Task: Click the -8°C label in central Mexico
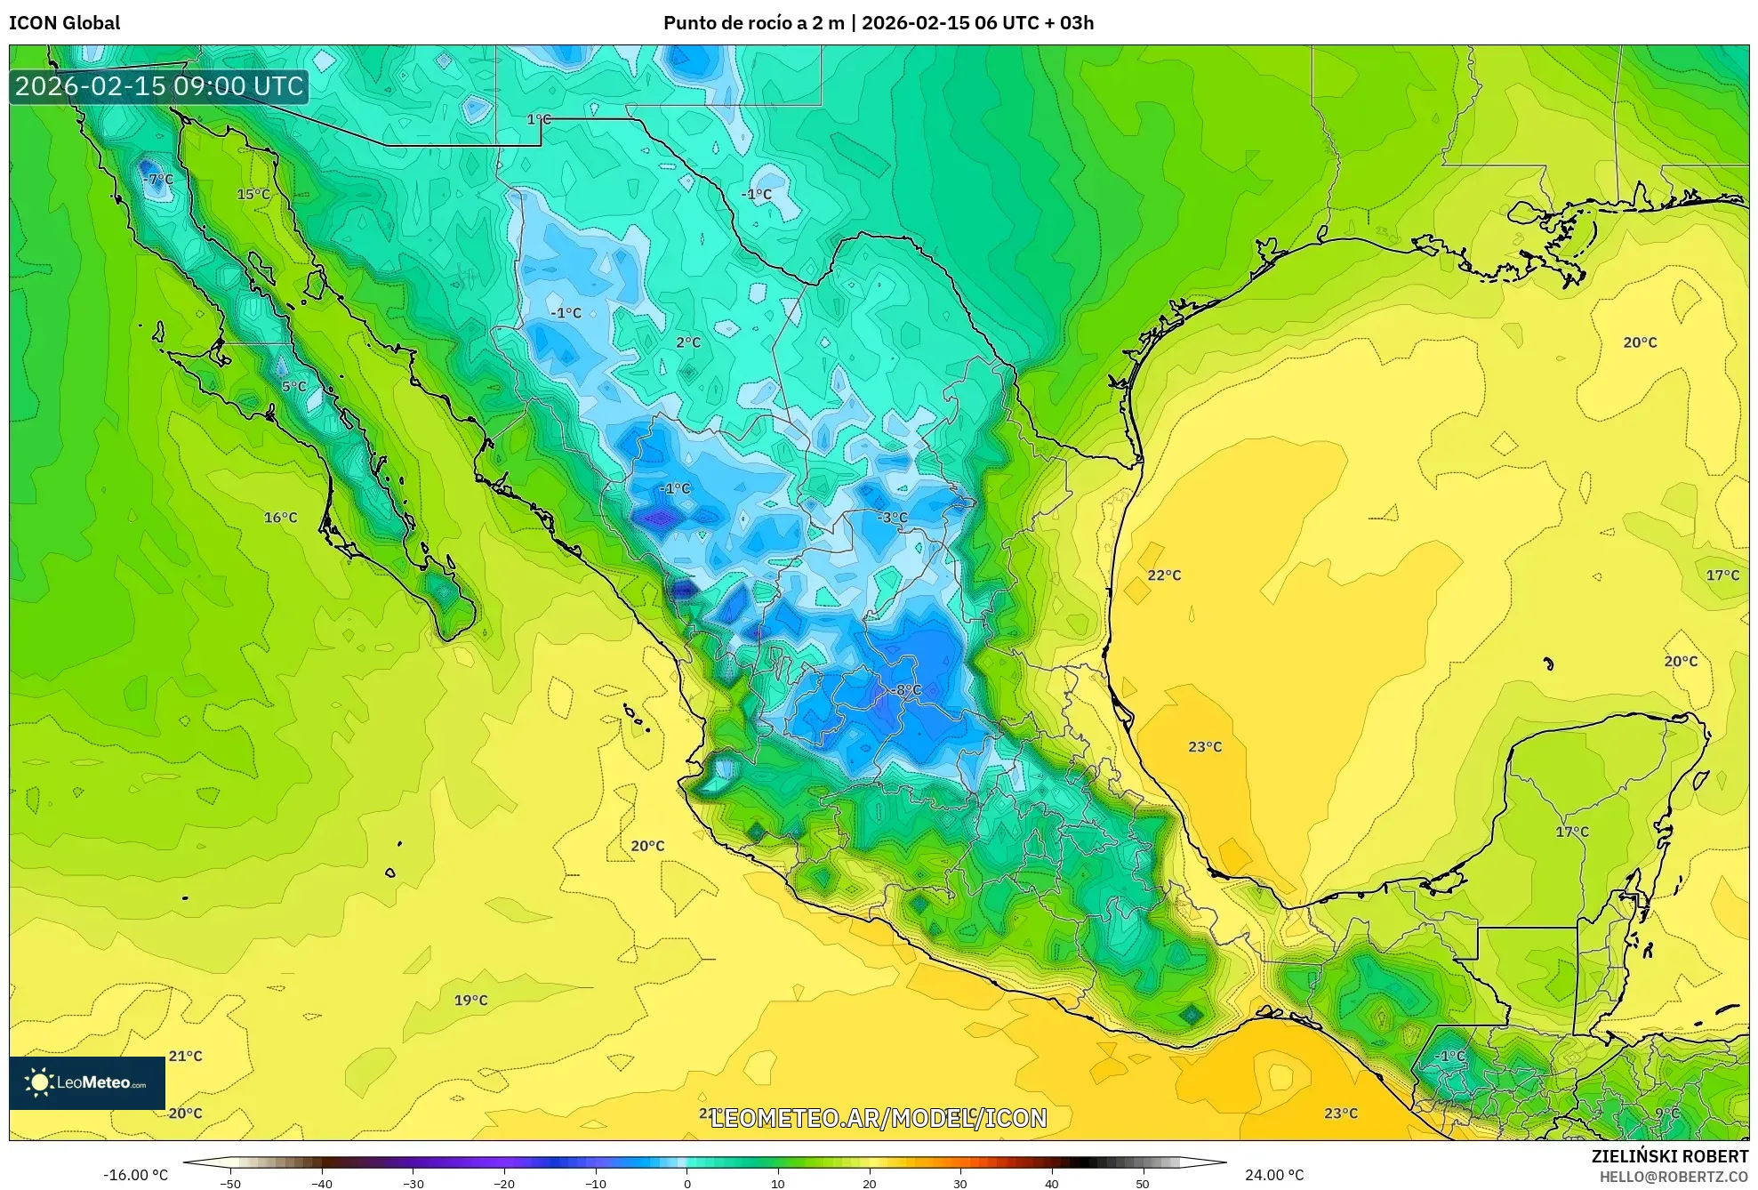(x=906, y=689)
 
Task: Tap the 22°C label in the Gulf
(x=1163, y=575)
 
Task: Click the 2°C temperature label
(x=687, y=342)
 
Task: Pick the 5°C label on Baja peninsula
(x=293, y=387)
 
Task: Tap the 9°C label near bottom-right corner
(x=1666, y=1114)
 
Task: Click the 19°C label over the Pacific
(x=470, y=1001)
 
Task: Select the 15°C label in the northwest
(x=253, y=194)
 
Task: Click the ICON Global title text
(x=64, y=23)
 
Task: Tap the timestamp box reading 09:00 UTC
(x=159, y=86)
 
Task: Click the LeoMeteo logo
(x=87, y=1082)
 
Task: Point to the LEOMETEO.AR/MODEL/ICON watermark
(x=879, y=1118)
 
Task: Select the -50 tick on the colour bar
(x=230, y=1184)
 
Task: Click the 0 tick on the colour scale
(x=686, y=1184)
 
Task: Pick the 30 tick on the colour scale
(x=959, y=1184)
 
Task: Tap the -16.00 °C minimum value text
(x=135, y=1175)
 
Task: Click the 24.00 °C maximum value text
(x=1273, y=1175)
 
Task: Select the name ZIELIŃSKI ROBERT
(x=1669, y=1156)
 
